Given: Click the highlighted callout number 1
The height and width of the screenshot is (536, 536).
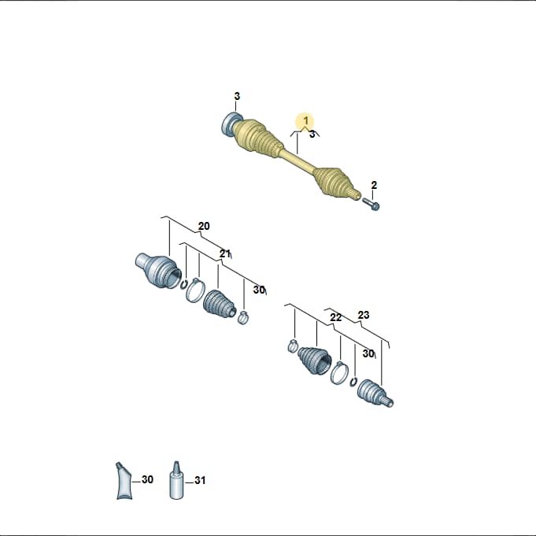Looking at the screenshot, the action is pos(306,120).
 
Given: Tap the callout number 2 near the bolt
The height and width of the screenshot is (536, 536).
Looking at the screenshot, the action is pos(374,185).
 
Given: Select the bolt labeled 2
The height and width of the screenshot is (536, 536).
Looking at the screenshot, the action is pos(371,203).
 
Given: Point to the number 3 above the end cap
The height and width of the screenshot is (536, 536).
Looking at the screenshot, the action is pos(237,96).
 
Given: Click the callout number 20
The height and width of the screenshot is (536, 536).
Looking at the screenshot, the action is pos(204,227).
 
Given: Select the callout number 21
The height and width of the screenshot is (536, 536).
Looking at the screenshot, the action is pos(225,253).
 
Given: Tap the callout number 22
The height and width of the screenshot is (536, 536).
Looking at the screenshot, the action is pos(335,317).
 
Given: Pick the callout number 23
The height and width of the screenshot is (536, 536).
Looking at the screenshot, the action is pos(364,315).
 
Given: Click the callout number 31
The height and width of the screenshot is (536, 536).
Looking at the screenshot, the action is pos(200,480).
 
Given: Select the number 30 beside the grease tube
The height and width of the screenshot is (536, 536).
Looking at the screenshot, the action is pos(147,479).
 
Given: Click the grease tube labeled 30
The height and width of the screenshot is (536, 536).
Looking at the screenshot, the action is pos(124,481).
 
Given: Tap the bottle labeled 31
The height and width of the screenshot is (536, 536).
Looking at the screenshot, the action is pos(176,479).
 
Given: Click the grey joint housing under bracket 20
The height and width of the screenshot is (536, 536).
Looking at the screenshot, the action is pos(158,270).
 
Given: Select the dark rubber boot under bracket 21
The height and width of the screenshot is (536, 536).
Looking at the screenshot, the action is pos(220,305).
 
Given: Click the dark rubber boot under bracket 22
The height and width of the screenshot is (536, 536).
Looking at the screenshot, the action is pos(315,360).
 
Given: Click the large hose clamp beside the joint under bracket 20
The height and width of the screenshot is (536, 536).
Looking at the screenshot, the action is pos(195,291).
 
